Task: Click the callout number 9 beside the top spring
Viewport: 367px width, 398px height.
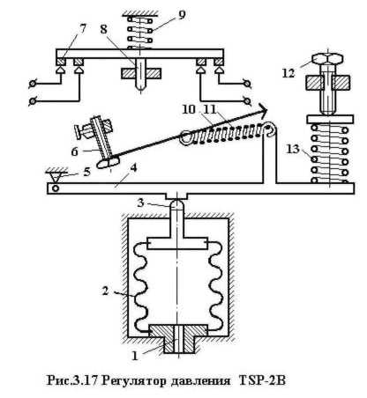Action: [x=182, y=15]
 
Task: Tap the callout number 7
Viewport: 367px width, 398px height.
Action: [x=83, y=29]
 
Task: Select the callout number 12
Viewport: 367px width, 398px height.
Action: [x=288, y=73]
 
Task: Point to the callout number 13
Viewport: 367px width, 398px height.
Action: [x=293, y=149]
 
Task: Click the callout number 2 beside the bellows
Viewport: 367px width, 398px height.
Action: [x=105, y=291]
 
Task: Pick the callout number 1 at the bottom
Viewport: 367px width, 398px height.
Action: [x=135, y=356]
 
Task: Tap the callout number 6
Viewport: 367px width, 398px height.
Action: [x=74, y=151]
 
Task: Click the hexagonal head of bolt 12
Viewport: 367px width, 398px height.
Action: [x=328, y=60]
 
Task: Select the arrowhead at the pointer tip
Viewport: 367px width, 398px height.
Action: [x=263, y=110]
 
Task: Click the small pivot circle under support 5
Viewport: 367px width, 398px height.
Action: [x=56, y=188]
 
